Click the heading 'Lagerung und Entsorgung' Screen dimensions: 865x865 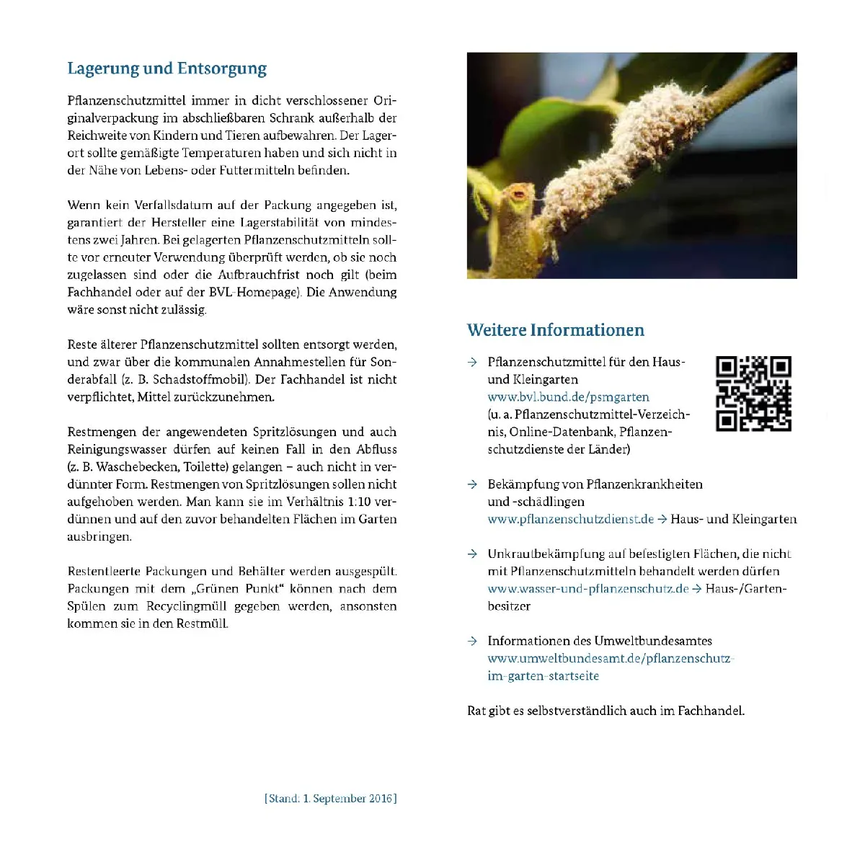[x=167, y=68]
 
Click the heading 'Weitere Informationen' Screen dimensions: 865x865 [x=555, y=330]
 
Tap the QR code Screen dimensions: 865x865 [x=753, y=394]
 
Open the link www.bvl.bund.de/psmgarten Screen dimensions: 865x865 [x=568, y=397]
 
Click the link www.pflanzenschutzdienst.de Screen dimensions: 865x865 [x=570, y=519]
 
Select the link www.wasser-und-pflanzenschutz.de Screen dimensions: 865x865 [x=587, y=589]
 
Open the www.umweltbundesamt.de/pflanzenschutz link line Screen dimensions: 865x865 [x=609, y=659]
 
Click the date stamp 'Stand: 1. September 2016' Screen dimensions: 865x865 [x=331, y=799]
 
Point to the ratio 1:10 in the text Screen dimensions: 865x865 [x=358, y=502]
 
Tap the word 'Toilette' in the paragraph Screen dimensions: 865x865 [x=206, y=467]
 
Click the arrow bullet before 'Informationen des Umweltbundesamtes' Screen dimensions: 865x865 [x=472, y=641]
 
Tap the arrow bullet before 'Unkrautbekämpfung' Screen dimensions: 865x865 [x=472, y=554]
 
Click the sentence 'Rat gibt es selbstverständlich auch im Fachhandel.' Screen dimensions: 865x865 [x=605, y=711]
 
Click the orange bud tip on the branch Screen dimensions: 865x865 [x=518, y=192]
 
